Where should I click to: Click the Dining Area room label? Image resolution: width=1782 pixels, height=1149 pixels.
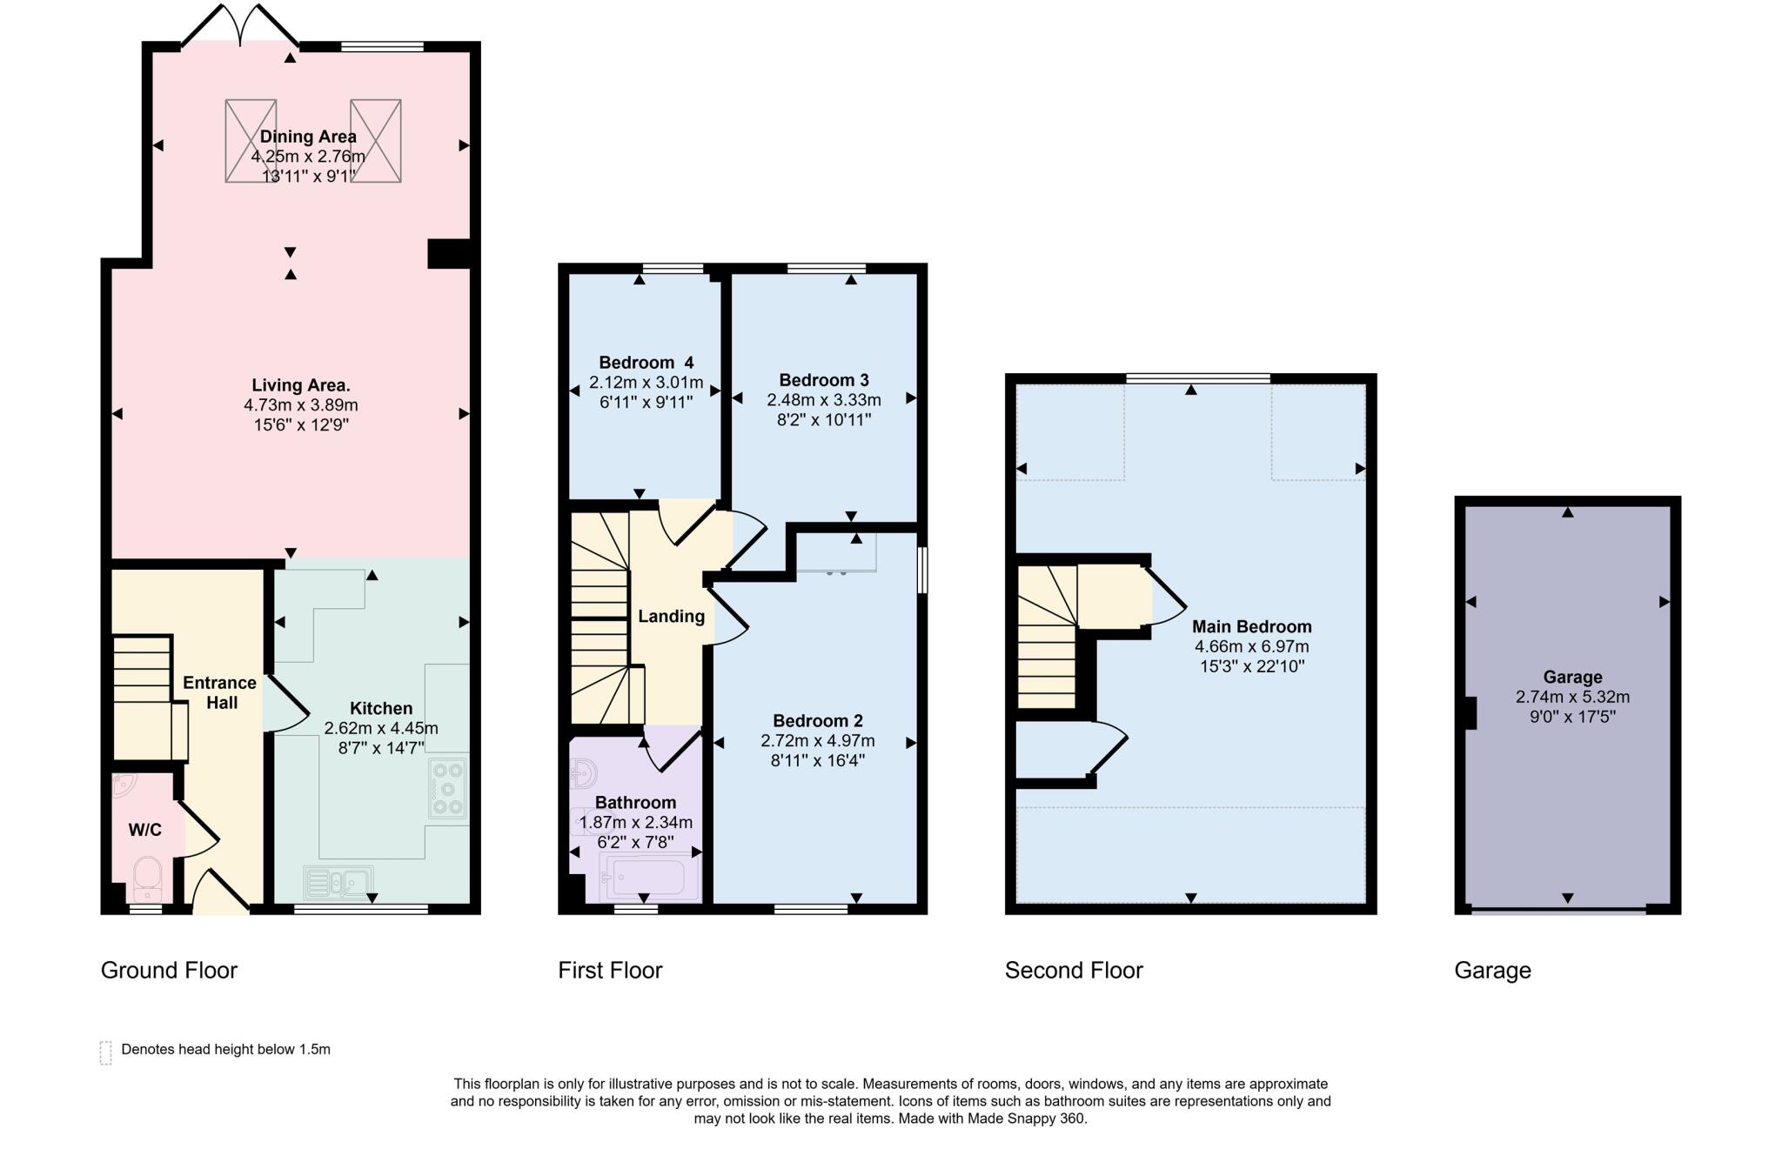pos(308,137)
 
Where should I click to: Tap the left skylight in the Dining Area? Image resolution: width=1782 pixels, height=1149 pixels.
pos(251,141)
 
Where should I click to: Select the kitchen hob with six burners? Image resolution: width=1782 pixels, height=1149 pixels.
pos(448,788)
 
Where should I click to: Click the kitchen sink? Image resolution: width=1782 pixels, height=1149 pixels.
pos(339,882)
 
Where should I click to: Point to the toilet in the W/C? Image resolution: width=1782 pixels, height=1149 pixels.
pos(148,877)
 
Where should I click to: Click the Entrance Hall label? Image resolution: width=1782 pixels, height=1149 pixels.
pos(220,692)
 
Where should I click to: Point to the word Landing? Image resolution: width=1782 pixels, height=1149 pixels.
pos(671,617)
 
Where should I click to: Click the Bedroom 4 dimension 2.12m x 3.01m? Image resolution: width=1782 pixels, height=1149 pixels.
pos(646,383)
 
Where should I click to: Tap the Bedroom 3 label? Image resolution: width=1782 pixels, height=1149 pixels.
pos(823,380)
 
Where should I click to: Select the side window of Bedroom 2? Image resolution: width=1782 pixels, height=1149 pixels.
pos(923,570)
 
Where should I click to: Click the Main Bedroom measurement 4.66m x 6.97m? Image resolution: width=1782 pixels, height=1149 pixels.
pos(1251,647)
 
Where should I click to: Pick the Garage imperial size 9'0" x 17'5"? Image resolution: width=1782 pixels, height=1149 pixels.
pos(1572,718)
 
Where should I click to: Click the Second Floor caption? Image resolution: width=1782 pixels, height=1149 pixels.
pos(1073,971)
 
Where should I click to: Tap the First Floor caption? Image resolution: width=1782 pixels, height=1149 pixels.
pos(610,971)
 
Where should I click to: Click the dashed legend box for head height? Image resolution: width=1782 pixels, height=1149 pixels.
pos(106,1052)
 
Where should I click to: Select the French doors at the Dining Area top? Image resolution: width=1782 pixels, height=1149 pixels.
pos(241,26)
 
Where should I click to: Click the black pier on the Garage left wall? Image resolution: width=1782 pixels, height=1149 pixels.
pos(1470,713)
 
